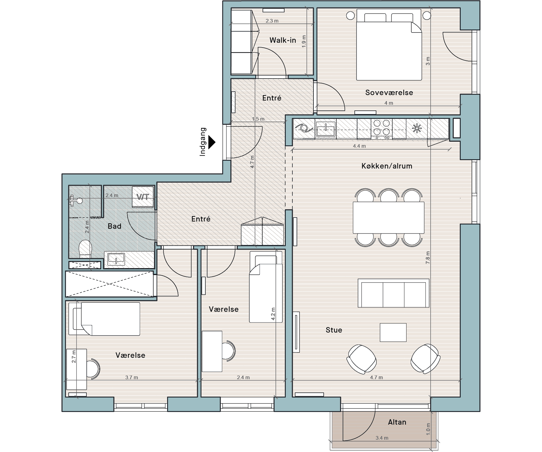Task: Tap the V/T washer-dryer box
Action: tap(143, 197)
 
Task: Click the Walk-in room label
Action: tap(283, 40)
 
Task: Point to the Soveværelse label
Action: tap(389, 92)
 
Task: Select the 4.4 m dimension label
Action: tap(359, 146)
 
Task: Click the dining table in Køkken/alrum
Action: tap(388, 218)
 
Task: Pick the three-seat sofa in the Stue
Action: tap(394, 293)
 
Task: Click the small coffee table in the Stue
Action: tap(393, 333)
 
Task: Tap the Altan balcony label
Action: tap(397, 422)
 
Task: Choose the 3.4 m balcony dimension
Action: tap(382, 438)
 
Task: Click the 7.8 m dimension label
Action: tap(428, 258)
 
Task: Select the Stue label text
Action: tap(334, 330)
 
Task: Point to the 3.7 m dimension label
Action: tap(132, 377)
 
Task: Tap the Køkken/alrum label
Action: tap(387, 166)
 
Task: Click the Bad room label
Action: tap(114, 226)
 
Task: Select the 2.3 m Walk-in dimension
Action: tap(272, 21)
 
